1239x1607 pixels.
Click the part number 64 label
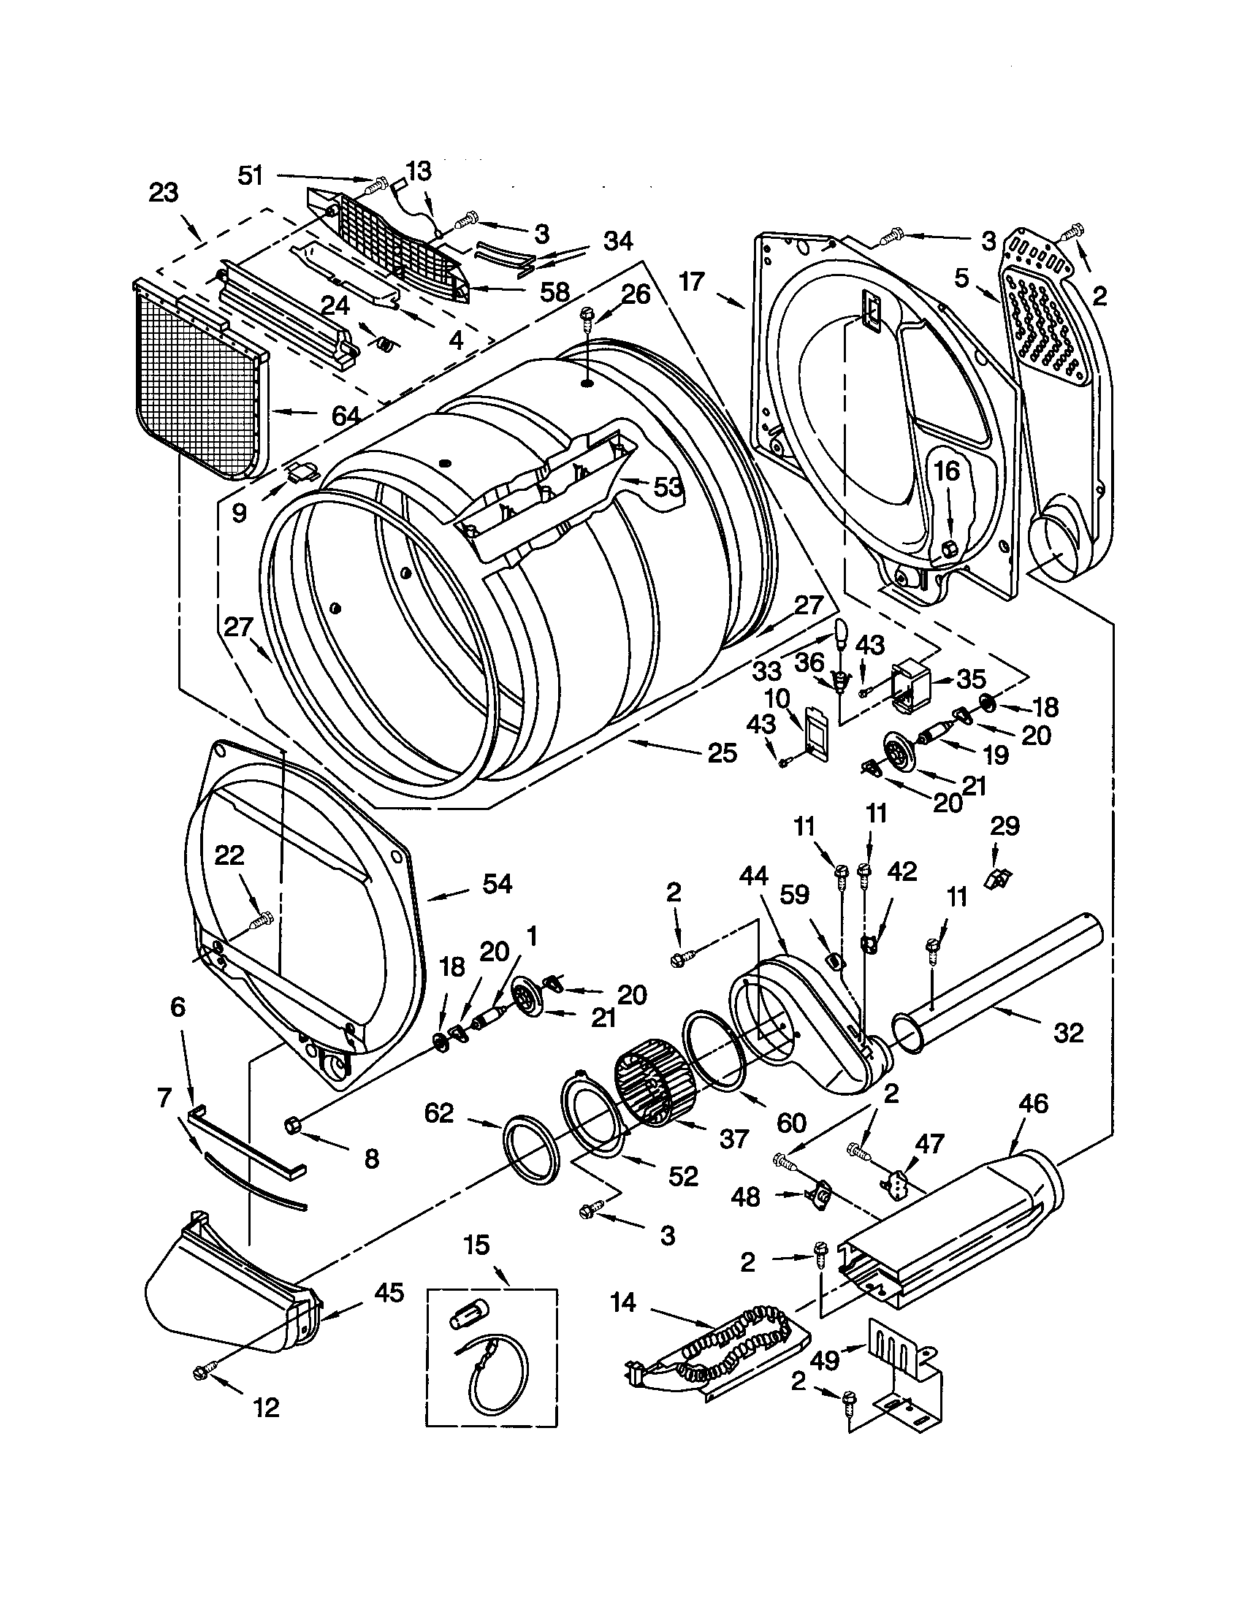pos(345,416)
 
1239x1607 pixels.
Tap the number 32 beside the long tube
pos(1068,1033)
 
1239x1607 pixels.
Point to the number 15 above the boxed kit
pos(477,1245)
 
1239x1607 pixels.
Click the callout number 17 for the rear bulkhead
pos(692,281)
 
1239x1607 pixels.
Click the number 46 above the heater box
pos(1033,1103)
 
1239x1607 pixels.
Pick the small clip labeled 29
pos(999,877)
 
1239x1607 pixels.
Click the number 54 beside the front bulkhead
pos(497,884)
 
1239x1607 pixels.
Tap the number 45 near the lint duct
pos(389,1292)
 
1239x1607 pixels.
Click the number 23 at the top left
pos(164,194)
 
